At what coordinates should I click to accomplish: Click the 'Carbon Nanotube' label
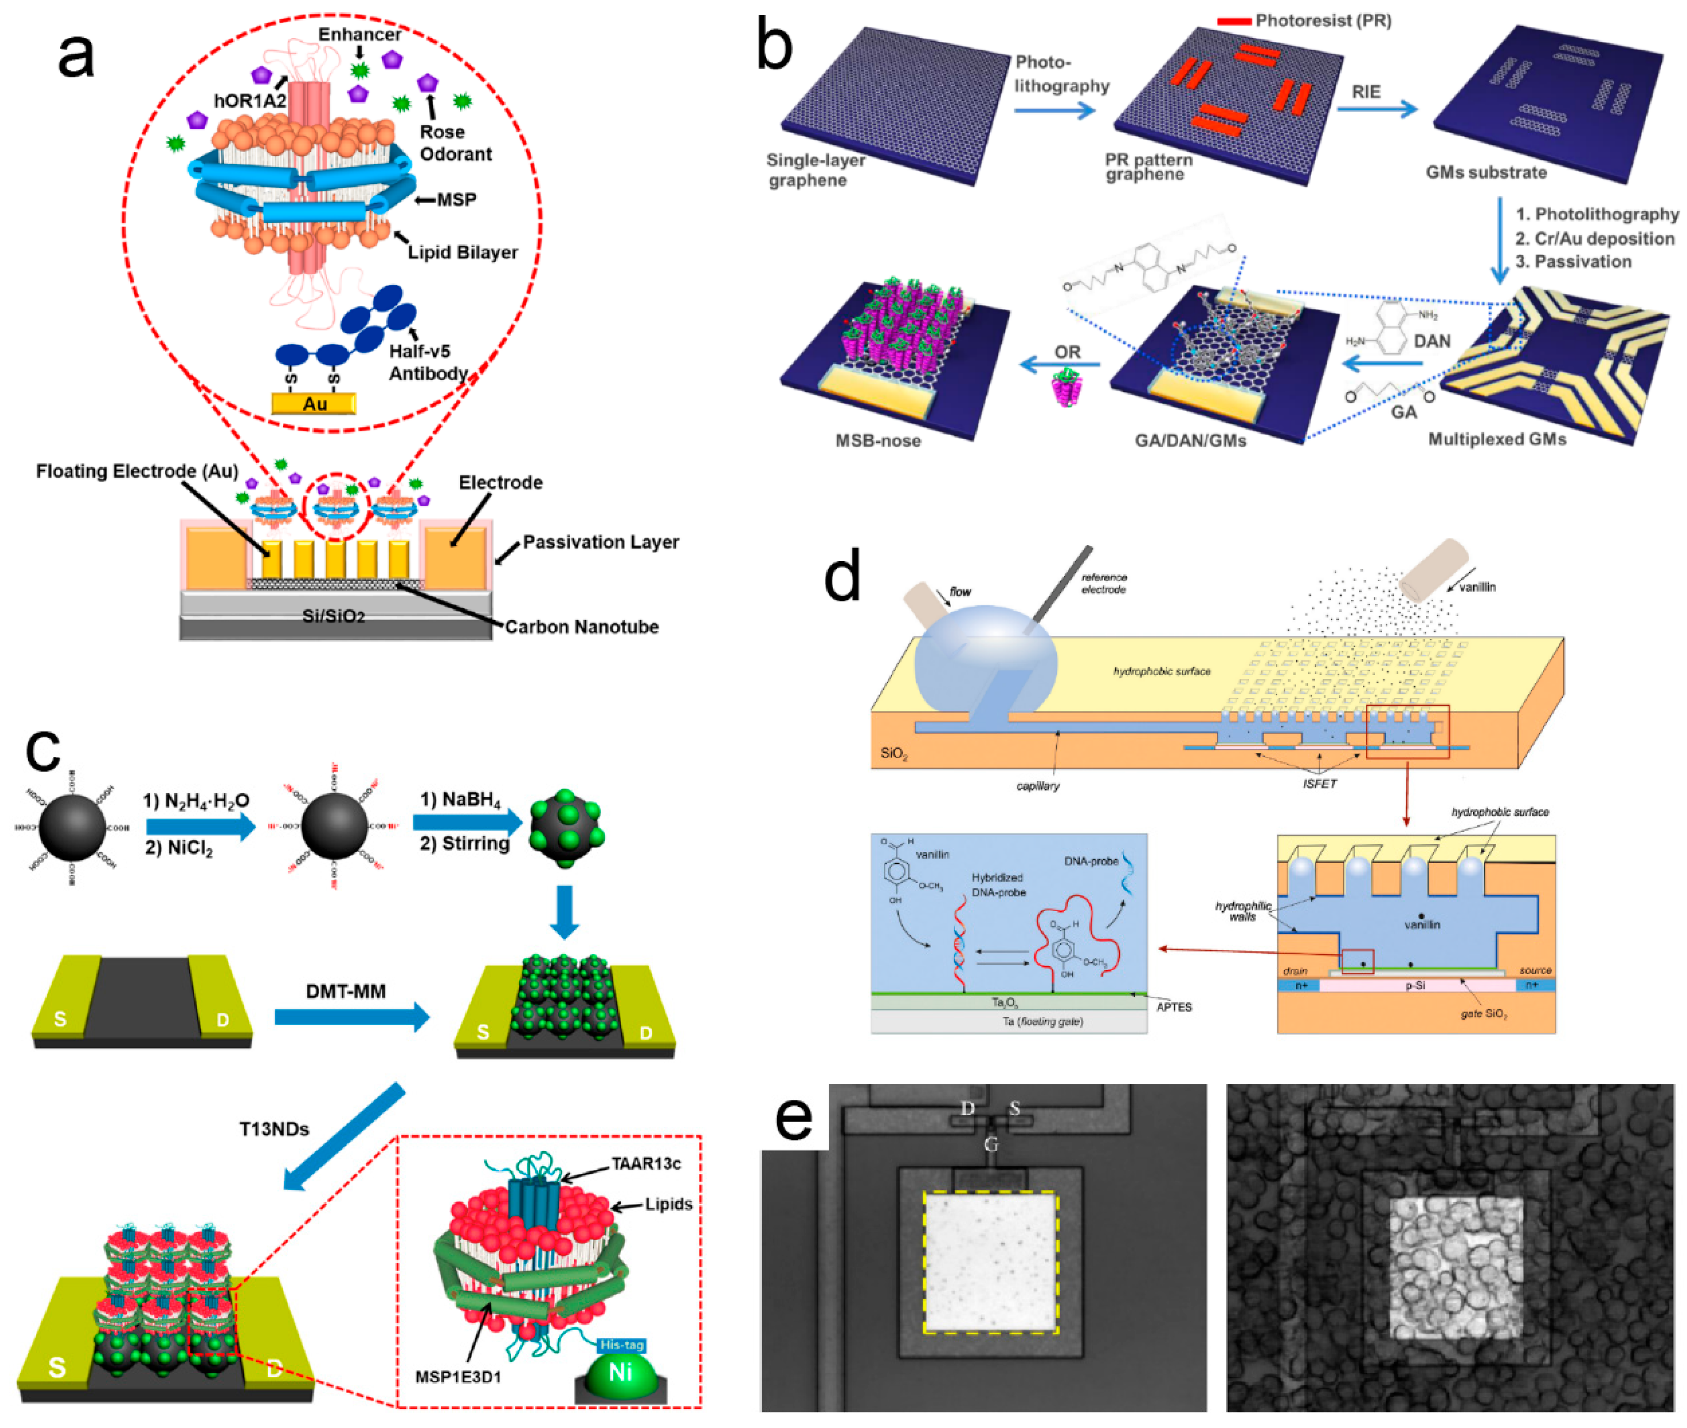(581, 626)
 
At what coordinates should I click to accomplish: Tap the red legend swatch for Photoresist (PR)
(1234, 21)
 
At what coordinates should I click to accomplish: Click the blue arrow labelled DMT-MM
(351, 1017)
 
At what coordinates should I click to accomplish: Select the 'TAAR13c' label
(645, 1163)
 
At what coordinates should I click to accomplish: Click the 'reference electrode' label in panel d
(1103, 583)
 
